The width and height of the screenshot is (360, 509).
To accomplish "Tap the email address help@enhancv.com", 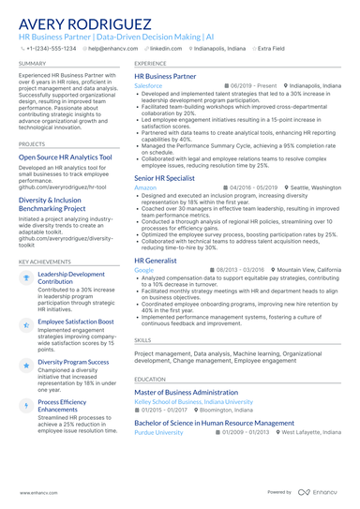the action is tap(112, 48).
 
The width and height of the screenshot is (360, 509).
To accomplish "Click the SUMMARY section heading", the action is tap(32, 64).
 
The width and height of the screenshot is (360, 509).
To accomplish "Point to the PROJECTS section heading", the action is tap(32, 144).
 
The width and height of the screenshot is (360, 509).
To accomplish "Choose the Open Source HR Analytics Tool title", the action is tap(66, 157).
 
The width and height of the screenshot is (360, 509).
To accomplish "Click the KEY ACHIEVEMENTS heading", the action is tap(43, 262).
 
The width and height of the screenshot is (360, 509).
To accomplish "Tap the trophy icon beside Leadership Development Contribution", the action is tap(25, 277).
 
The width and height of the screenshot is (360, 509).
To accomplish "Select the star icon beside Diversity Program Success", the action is tap(25, 362).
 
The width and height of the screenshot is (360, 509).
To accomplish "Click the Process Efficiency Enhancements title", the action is tap(62, 405).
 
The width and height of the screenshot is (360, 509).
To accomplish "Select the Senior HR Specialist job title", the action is tap(164, 177).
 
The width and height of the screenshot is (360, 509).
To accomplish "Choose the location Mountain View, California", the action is tap(308, 269).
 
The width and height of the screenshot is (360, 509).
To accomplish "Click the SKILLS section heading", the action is tap(143, 340).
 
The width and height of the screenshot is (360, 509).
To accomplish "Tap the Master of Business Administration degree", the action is tap(187, 392).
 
